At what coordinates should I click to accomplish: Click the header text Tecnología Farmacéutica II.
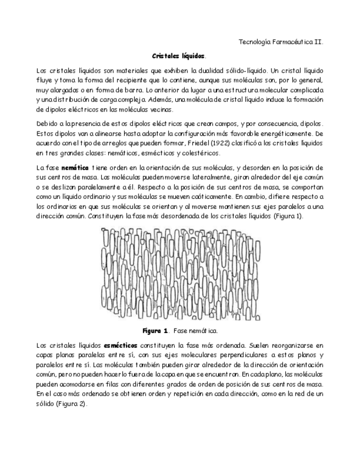(282, 42)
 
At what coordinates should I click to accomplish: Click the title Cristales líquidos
(179, 56)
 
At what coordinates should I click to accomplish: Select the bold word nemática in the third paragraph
(75, 167)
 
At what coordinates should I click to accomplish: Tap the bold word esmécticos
(120, 345)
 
